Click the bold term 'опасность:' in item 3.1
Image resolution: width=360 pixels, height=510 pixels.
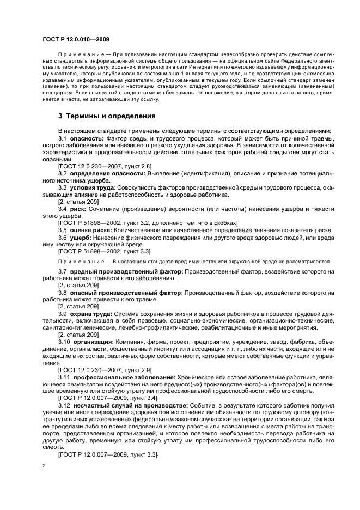(x=88, y=140)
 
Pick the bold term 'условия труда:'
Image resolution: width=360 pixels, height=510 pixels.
(x=94, y=187)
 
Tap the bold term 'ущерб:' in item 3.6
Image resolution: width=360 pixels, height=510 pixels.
(x=81, y=238)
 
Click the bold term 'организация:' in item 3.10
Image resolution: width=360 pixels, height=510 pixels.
(x=93, y=341)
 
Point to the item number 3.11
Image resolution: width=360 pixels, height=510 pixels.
(x=65, y=377)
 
